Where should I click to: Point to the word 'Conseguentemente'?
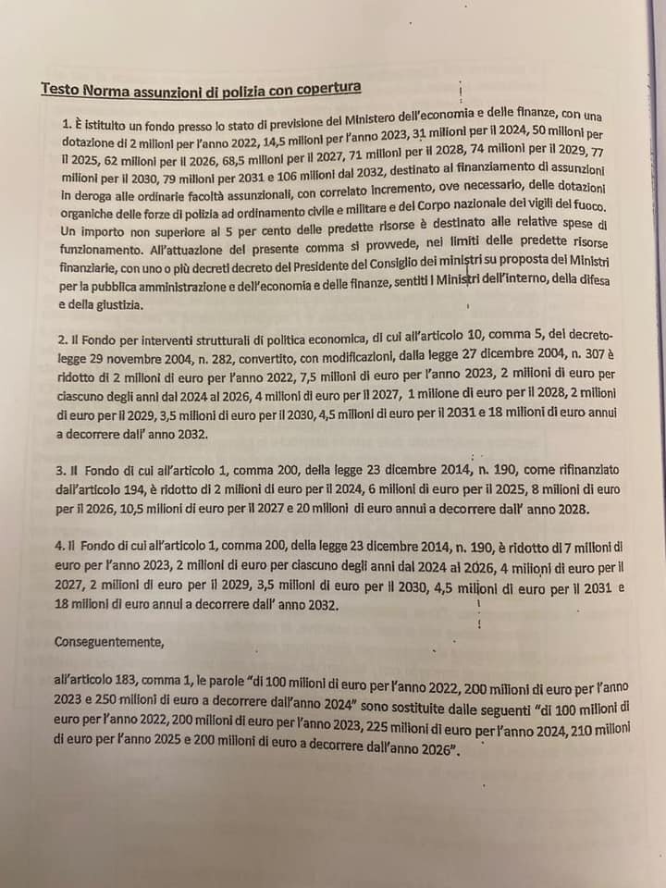tap(109, 640)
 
